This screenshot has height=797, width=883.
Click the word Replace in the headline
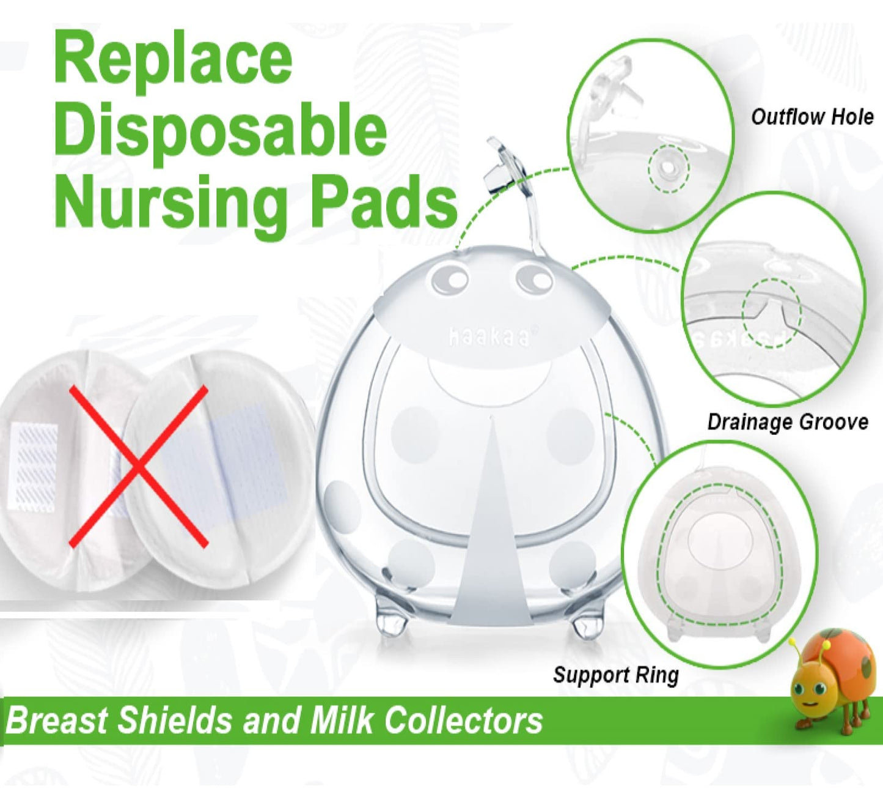tap(173, 59)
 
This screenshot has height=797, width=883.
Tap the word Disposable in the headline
tap(220, 130)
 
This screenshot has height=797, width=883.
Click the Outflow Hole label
tap(812, 117)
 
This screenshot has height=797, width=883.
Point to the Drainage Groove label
tap(787, 422)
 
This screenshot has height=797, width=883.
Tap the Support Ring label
tap(615, 675)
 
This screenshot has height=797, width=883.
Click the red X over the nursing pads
tap(139, 466)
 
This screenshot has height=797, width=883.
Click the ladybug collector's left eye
tap(450, 280)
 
